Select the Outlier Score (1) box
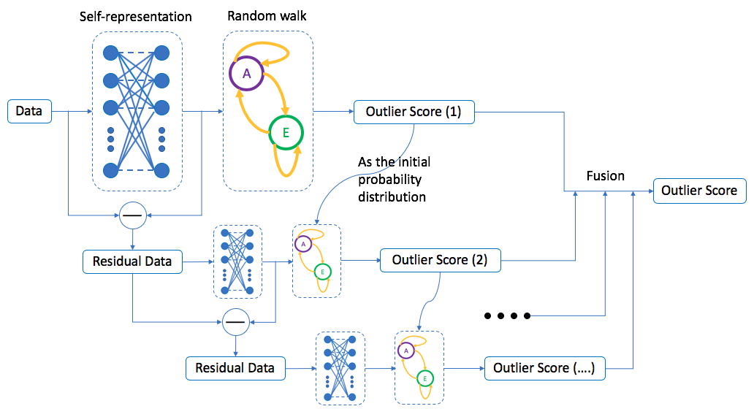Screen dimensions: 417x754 pos(414,112)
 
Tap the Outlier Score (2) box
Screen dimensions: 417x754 pos(440,260)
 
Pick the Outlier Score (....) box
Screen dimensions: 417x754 pos(545,368)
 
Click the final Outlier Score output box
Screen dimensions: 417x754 pos(699,191)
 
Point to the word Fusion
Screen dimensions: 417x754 pos(606,176)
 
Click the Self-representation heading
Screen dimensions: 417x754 pos(136,16)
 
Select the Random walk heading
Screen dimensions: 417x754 pos(257,16)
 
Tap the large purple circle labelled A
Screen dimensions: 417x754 pos(246,74)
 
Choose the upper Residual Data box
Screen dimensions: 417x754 pos(132,261)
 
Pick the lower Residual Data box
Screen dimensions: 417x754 pos(235,368)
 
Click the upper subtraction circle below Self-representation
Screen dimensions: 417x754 pos(133,215)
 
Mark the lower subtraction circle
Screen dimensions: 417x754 pos(235,321)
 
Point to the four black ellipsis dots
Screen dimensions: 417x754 pos(506,316)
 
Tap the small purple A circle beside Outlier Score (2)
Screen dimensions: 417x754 pos(303,244)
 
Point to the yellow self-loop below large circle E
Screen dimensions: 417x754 pos(287,165)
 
